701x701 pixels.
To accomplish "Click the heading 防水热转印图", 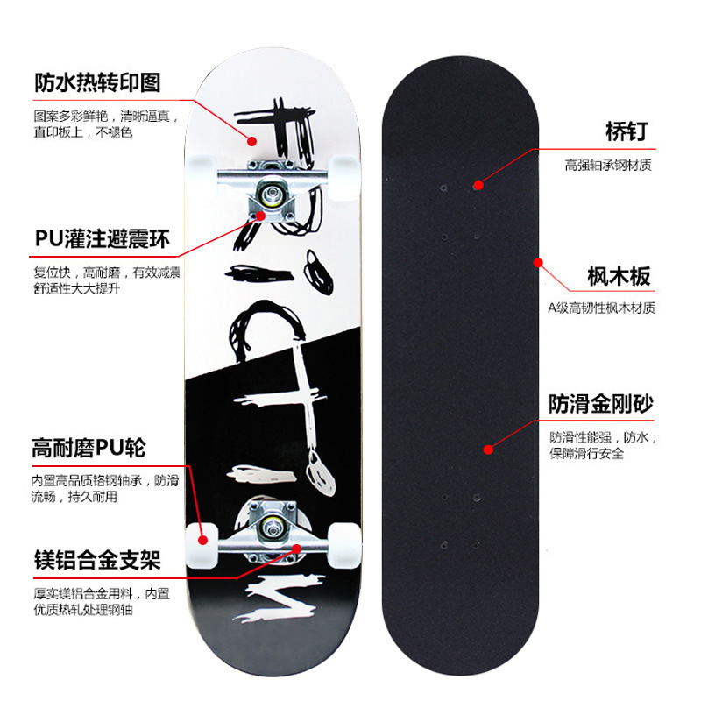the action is click(97, 82).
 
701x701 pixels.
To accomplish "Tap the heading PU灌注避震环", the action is click(103, 238).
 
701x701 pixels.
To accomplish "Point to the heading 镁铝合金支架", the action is click(97, 559).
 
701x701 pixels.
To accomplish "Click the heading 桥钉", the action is click(626, 131).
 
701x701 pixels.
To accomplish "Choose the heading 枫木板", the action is click(619, 277).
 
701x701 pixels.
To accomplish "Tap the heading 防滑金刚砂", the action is click(601, 404).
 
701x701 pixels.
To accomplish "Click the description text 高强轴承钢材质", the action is click(608, 165).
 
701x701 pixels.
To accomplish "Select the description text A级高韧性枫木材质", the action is click(601, 308).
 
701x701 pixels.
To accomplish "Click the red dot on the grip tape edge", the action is click(538, 261).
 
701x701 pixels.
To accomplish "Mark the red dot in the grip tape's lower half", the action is click(487, 449).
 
